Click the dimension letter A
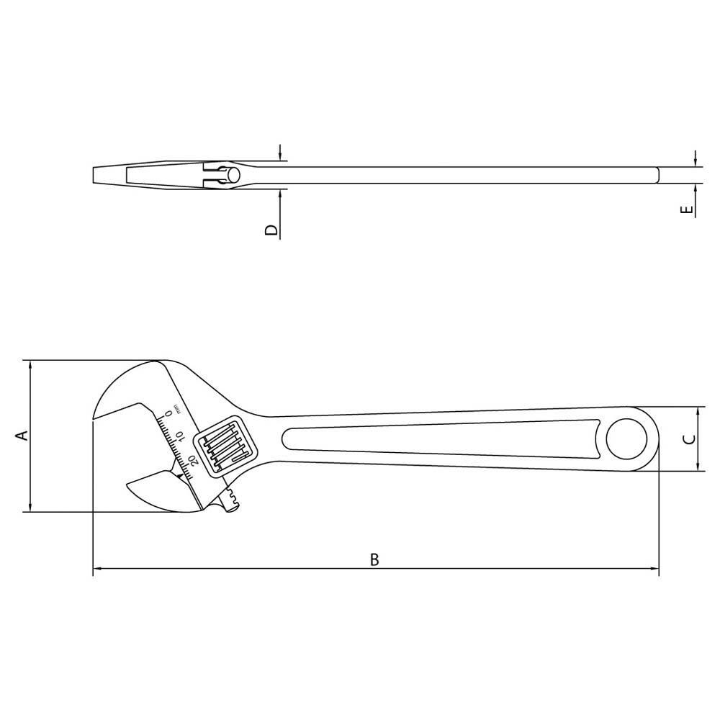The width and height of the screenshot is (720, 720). pos(22,436)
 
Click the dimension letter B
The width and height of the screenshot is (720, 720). pos(374,559)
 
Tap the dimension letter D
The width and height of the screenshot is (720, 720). pos(271,230)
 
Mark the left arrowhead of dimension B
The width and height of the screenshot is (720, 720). pos(98,570)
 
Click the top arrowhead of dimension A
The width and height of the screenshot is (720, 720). pos(30,365)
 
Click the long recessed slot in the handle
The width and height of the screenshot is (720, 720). pos(439,439)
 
